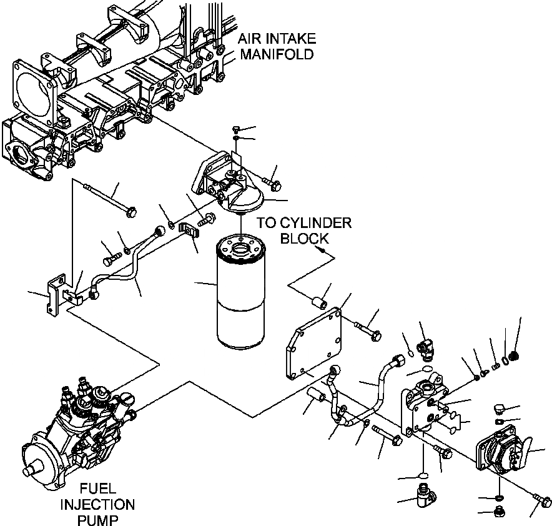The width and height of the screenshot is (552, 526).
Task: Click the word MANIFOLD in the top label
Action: tap(277, 54)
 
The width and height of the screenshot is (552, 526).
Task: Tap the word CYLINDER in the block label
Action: tap(315, 224)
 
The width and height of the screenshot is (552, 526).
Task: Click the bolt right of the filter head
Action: tap(272, 183)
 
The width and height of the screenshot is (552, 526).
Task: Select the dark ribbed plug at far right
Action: tap(515, 356)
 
